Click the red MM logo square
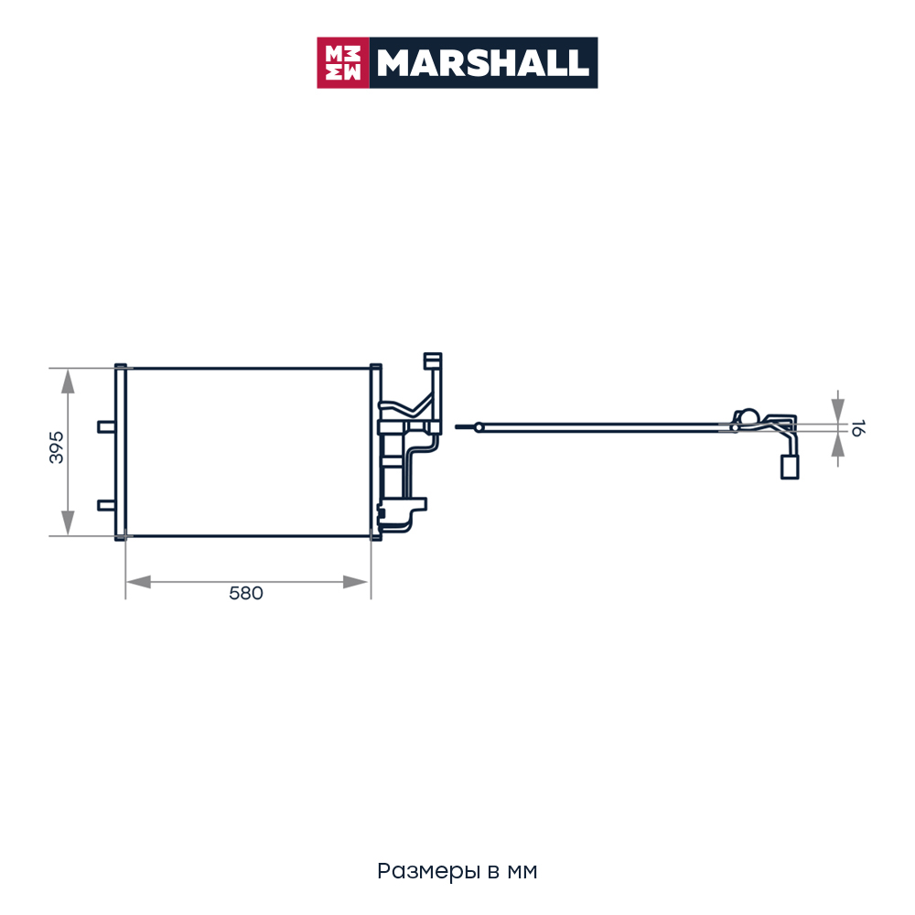coord(342,63)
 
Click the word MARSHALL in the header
coord(483,63)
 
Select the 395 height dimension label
coord(57,447)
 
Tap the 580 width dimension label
coord(245,594)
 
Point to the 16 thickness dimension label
coord(857,427)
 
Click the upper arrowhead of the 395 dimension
coord(69,382)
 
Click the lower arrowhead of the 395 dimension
coord(69,522)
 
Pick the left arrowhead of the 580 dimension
coord(138,582)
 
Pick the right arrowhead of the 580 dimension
coord(355,582)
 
